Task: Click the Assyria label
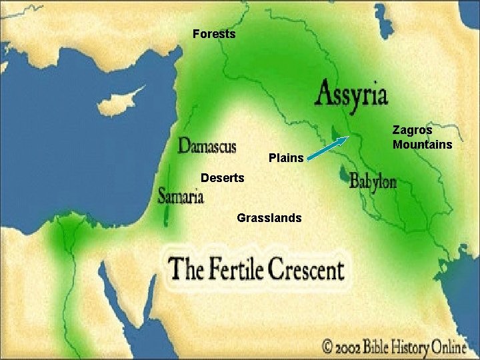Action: [x=351, y=94]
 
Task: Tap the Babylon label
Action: [x=373, y=181]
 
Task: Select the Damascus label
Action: [x=207, y=145]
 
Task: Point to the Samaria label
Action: [x=181, y=195]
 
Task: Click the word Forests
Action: [x=214, y=33]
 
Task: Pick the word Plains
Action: [x=286, y=159]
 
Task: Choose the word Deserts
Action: [x=223, y=178]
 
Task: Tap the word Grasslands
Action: [x=269, y=218]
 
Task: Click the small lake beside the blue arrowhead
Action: [x=332, y=133]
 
